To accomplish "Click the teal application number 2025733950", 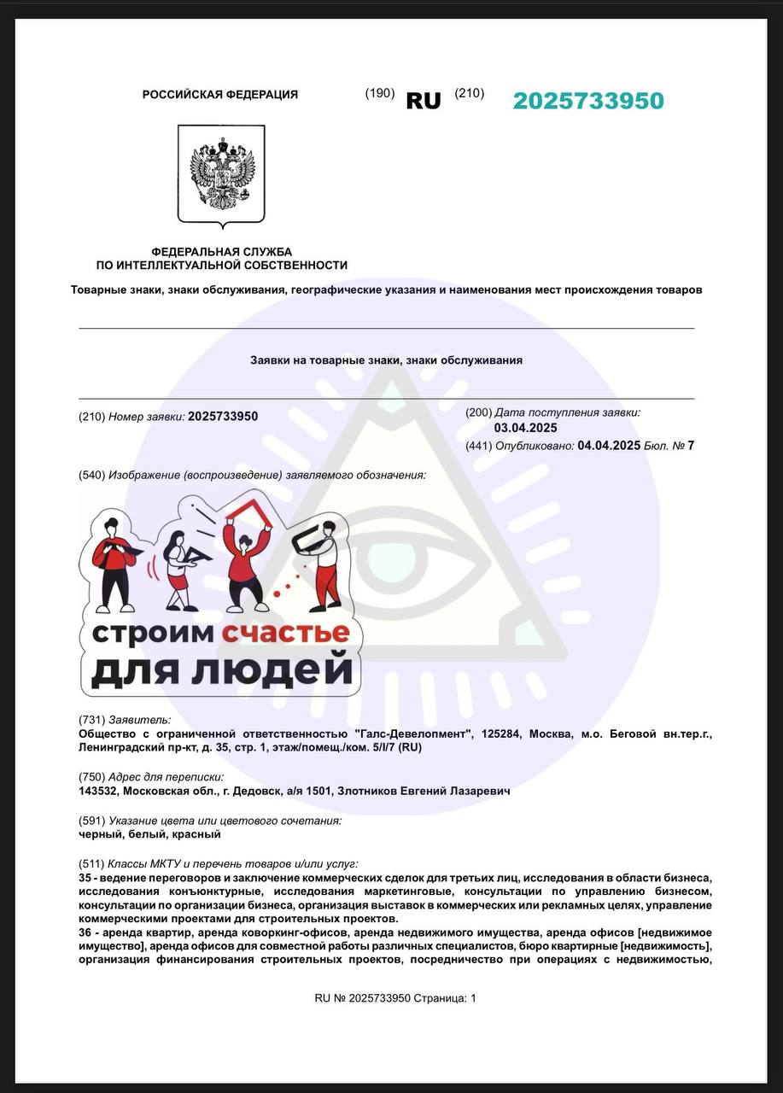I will [x=587, y=101].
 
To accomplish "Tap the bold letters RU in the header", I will [x=424, y=101].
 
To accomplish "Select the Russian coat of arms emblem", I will [x=221, y=174].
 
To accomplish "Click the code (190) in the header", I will [x=380, y=93].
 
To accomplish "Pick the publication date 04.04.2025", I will [x=609, y=445].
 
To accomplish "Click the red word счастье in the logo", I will [x=286, y=633].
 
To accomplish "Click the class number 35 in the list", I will [x=85, y=878].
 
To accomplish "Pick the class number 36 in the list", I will [x=85, y=932].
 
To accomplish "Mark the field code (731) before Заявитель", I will [x=91, y=720].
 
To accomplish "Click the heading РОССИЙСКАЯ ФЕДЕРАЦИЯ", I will [x=220, y=95].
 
